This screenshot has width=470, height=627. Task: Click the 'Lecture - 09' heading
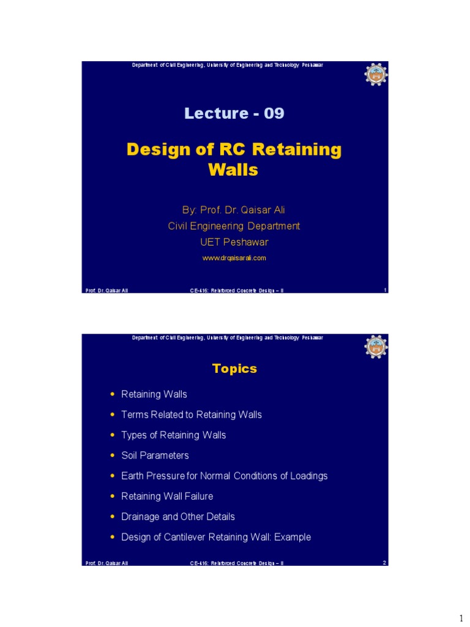click(x=234, y=113)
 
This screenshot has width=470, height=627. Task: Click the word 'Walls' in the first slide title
click(x=233, y=170)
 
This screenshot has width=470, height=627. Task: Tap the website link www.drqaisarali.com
click(x=234, y=258)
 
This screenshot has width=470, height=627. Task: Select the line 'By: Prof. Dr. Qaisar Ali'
click(x=234, y=210)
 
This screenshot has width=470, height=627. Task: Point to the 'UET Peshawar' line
click(x=234, y=242)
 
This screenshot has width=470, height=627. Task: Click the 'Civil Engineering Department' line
click(x=234, y=226)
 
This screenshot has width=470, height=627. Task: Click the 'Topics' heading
click(x=234, y=369)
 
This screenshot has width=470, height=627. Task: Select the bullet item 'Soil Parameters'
click(x=155, y=456)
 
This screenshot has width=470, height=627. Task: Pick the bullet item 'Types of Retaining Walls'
click(x=173, y=435)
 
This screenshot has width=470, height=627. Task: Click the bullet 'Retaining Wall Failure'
click(x=167, y=496)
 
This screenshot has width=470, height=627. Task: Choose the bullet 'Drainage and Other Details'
click(x=177, y=517)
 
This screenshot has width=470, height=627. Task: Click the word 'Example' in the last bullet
click(x=293, y=537)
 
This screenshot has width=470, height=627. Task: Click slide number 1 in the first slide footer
click(x=385, y=290)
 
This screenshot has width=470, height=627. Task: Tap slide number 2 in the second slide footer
click(x=384, y=562)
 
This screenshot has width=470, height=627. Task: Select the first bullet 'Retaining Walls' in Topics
click(x=154, y=394)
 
